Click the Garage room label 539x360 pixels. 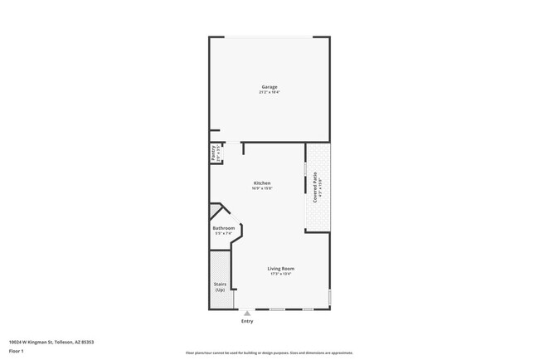click(269, 87)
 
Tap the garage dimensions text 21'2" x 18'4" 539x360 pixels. click(269, 92)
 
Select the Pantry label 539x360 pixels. click(213, 153)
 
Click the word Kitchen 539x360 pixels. click(262, 183)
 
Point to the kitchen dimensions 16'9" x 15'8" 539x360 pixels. click(262, 188)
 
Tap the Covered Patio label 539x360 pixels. click(316, 187)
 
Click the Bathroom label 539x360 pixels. click(223, 228)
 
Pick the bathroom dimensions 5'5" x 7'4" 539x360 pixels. click(223, 234)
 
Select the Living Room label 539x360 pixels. click(281, 268)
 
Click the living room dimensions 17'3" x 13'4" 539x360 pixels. click(281, 274)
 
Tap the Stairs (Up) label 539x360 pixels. click(220, 287)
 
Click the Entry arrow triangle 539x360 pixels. click(246, 313)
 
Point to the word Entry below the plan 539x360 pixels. click(246, 321)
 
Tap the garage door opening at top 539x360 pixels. click(269, 36)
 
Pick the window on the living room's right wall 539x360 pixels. click(329, 295)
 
